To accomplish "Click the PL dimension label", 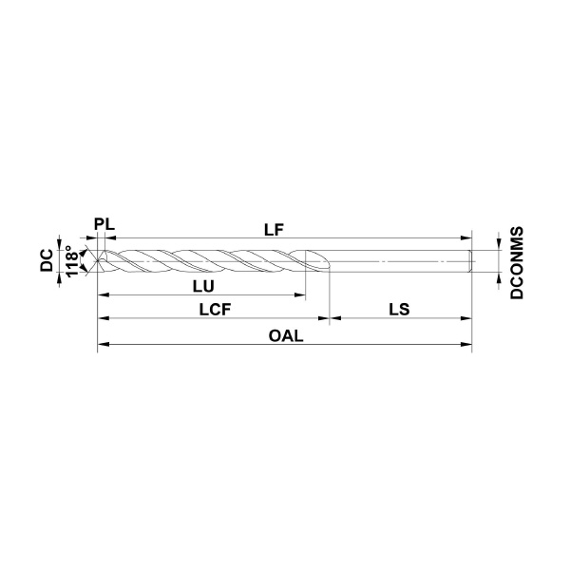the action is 104,224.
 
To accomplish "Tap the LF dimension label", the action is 274,230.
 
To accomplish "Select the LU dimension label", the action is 203,287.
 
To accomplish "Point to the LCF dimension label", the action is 216,310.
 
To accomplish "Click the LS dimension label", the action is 399,310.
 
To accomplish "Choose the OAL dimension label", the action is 286,336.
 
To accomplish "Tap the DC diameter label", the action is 47,260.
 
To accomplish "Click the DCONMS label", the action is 517,263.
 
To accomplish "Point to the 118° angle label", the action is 72,260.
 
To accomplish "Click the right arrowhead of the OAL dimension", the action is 466,344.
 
